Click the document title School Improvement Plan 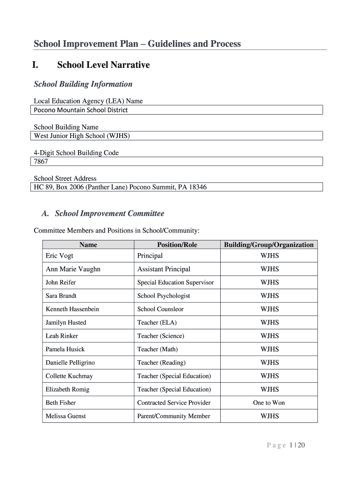[137, 44]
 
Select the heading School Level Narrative [103, 65]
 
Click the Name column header [88, 245]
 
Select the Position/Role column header [177, 245]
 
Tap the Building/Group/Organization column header [269, 245]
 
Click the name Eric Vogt [59, 256]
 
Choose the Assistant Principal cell [164, 269]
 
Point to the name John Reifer [60, 283]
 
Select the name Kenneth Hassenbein [72, 309]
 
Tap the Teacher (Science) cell [160, 336]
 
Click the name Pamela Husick [65, 349]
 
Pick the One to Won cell [269, 403]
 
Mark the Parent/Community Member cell [173, 416]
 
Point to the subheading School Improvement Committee [109, 214]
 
